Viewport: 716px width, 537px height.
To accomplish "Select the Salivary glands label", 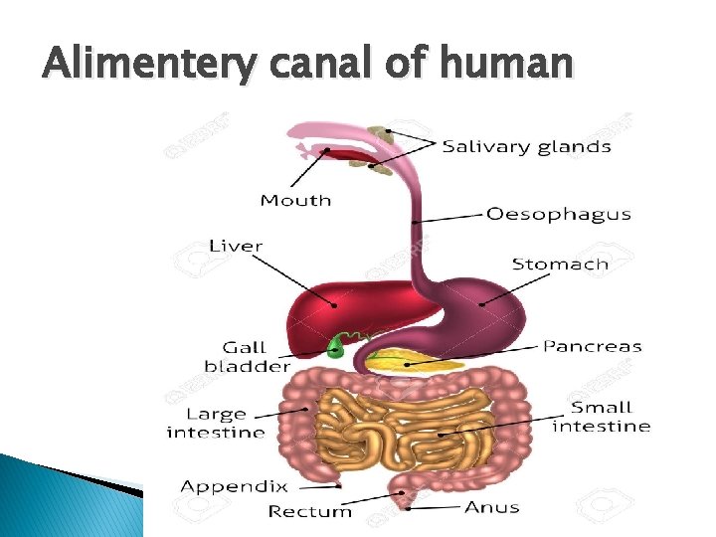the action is (x=526, y=146).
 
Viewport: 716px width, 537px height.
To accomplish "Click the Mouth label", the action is (x=295, y=200).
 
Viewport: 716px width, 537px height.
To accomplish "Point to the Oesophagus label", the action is (x=558, y=214).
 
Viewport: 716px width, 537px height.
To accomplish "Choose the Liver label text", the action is (x=236, y=245).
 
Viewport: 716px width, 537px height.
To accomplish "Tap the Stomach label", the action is (x=560, y=264).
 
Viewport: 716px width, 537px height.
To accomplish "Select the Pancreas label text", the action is (x=592, y=347).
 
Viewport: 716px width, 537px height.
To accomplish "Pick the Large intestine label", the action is (x=216, y=423).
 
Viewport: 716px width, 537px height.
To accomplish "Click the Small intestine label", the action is (x=601, y=416).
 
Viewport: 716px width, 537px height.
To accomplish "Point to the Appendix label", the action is (x=234, y=486).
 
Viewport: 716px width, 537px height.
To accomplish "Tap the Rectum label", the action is (x=310, y=511).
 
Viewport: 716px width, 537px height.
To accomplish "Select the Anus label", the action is (x=491, y=507).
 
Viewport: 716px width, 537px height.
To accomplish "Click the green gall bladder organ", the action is (x=337, y=347).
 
